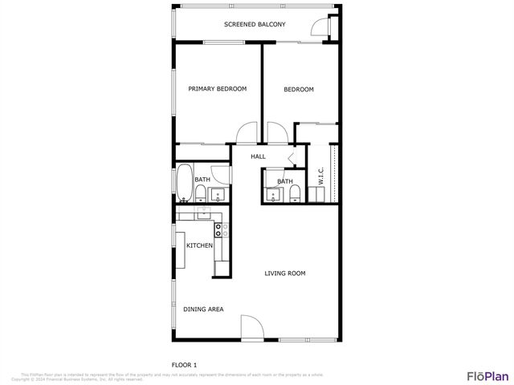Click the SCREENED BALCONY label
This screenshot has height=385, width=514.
pyautogui.click(x=255, y=25)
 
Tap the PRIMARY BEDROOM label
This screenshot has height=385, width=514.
pyautogui.click(x=217, y=89)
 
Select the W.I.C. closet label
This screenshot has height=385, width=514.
pyautogui.click(x=320, y=176)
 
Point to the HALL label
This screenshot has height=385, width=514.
pyautogui.click(x=258, y=156)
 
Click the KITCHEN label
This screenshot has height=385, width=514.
pyautogui.click(x=199, y=245)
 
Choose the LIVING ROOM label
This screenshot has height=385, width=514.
pyautogui.click(x=285, y=274)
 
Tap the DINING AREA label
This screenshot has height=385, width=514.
pyautogui.click(x=203, y=309)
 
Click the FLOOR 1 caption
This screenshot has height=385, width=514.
pyautogui.click(x=185, y=365)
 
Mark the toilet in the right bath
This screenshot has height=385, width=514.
pyautogui.click(x=295, y=192)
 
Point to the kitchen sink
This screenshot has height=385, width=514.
pyautogui.click(x=202, y=213)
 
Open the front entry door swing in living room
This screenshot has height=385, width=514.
pyautogui.click(x=251, y=328)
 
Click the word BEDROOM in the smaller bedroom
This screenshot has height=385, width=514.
pyautogui.click(x=299, y=89)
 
